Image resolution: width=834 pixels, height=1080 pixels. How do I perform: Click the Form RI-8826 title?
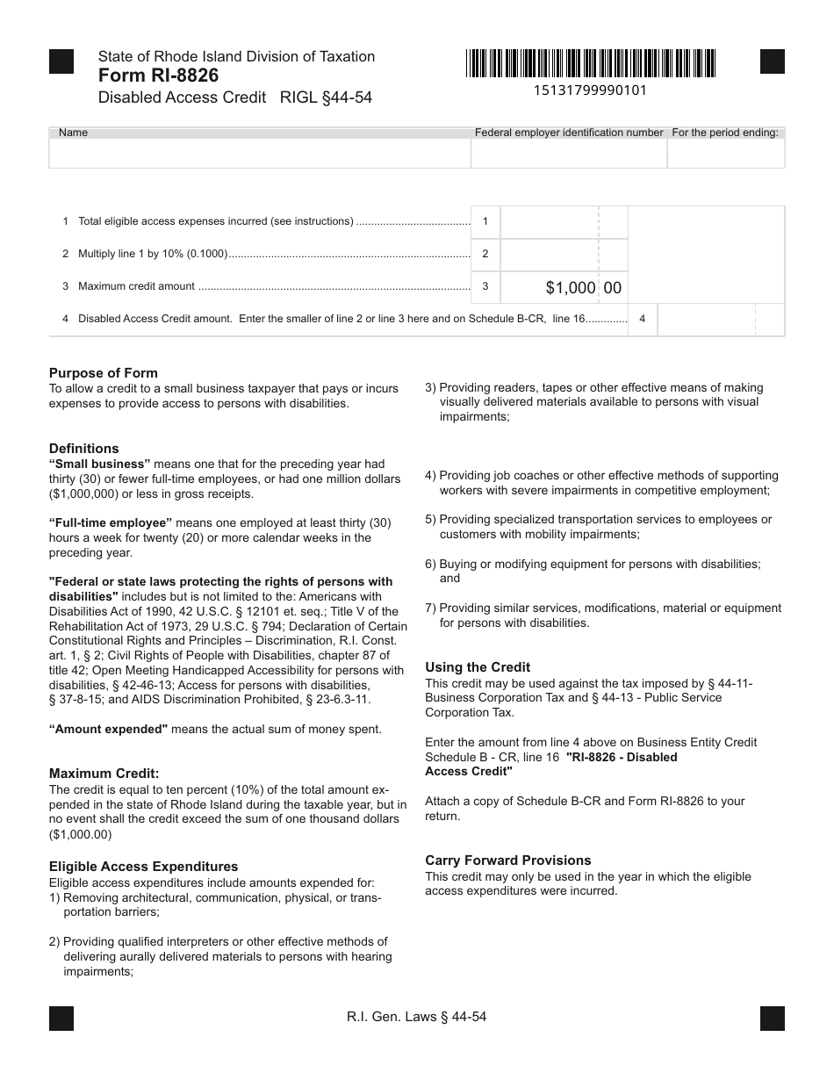tap(158, 76)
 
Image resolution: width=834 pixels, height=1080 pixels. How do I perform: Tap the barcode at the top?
tap(592, 64)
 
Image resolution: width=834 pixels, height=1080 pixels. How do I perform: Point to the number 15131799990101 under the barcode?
tap(591, 90)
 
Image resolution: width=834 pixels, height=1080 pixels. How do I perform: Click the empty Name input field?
tap(260, 154)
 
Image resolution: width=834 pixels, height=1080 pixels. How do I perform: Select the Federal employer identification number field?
tap(569, 154)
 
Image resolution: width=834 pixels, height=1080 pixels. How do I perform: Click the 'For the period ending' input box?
tap(726, 154)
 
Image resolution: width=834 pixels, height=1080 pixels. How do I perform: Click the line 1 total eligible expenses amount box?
tap(549, 222)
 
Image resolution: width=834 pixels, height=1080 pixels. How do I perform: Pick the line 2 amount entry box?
tap(549, 255)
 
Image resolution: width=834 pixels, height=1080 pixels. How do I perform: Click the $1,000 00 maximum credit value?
tap(583, 287)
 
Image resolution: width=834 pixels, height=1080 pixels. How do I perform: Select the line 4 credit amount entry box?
tap(707, 320)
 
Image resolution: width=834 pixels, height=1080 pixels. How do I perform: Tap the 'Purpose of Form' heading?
tap(104, 372)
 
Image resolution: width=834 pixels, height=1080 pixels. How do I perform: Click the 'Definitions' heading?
tap(84, 448)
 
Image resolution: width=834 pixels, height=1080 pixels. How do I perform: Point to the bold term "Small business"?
tap(100, 464)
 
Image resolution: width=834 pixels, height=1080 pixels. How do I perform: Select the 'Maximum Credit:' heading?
tap(104, 774)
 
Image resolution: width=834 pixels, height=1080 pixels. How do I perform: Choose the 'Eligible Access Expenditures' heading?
tap(144, 867)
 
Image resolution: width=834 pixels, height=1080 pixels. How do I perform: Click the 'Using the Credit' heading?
tap(478, 667)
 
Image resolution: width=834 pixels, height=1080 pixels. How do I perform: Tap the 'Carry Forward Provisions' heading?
tap(508, 860)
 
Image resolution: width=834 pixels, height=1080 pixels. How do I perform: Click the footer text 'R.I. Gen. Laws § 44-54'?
tap(417, 1018)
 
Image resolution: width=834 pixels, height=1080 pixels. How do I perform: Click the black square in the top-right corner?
tap(772, 61)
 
